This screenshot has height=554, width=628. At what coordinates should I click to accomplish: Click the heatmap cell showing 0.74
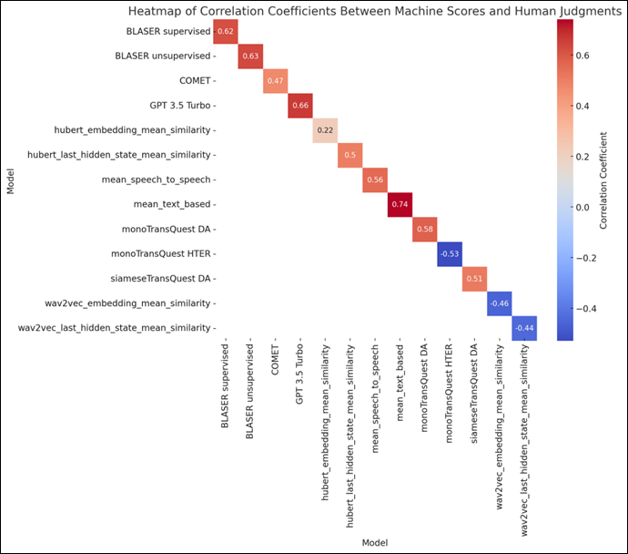(x=400, y=204)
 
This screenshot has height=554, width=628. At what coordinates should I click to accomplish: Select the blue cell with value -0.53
(x=450, y=253)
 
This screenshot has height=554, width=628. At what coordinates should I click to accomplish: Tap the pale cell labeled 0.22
(x=325, y=130)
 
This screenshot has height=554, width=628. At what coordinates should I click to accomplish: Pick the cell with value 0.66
(x=299, y=106)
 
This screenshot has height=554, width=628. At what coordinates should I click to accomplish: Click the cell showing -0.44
(x=524, y=327)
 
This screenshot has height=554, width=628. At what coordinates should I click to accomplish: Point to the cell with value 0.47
(x=275, y=81)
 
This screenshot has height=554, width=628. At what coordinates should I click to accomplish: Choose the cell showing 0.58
(x=424, y=229)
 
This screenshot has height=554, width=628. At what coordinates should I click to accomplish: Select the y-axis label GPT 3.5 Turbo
(x=182, y=106)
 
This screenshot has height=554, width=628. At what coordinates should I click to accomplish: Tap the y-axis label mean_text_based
(x=171, y=204)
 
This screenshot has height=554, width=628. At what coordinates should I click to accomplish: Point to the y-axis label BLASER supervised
(x=168, y=32)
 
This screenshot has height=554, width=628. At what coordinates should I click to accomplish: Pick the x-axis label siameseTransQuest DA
(x=474, y=390)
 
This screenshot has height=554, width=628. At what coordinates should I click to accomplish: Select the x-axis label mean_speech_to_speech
(x=374, y=397)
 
